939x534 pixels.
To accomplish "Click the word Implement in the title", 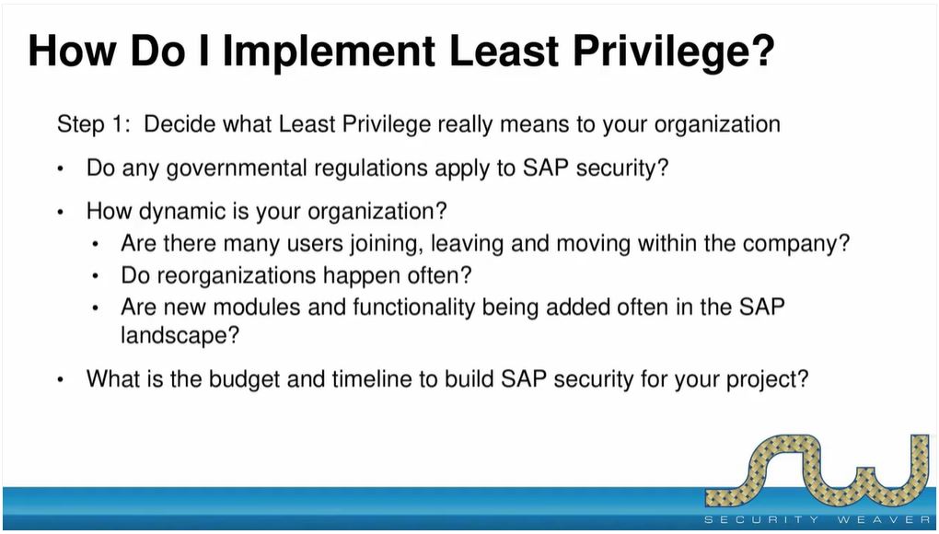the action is (x=328, y=52).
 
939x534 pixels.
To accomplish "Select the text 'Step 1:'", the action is (x=93, y=125).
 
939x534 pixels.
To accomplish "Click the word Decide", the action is (x=180, y=124).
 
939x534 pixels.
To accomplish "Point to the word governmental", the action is (x=237, y=168).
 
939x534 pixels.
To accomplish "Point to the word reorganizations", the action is (x=218, y=276).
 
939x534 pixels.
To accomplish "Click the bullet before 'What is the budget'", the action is (x=60, y=380).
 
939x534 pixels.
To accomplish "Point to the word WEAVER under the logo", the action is (x=884, y=519).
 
